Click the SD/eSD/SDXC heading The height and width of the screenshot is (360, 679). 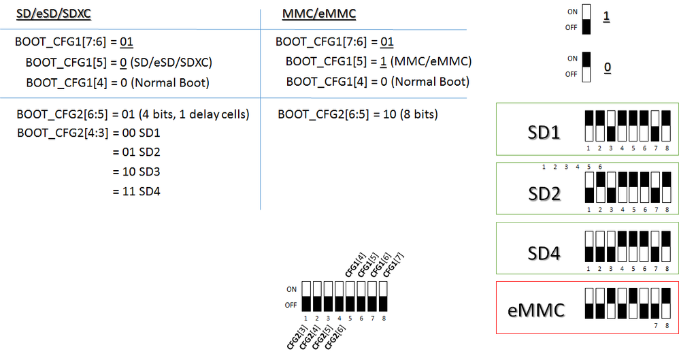click(x=54, y=14)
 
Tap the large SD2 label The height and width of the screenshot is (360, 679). click(x=544, y=194)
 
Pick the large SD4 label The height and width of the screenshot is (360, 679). click(x=544, y=254)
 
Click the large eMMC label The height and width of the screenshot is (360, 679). click(x=537, y=311)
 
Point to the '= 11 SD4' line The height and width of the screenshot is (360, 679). click(x=137, y=191)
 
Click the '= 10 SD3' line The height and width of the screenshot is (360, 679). click(x=137, y=171)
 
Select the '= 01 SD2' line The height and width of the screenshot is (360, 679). click(x=137, y=152)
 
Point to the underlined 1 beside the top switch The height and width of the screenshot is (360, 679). click(x=606, y=17)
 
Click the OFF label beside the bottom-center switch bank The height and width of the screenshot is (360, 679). click(x=291, y=305)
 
